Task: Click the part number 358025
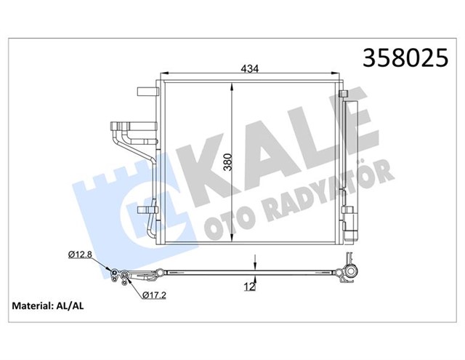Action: [x=405, y=57]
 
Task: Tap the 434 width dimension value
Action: [x=250, y=69]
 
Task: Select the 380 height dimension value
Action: [x=227, y=162]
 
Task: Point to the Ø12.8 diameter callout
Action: [x=80, y=255]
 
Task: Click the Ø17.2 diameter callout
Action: [x=154, y=295]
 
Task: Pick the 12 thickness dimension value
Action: [x=250, y=287]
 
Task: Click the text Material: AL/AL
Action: [x=48, y=306]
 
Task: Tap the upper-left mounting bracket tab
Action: [x=147, y=91]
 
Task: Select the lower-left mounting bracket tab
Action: [x=147, y=210]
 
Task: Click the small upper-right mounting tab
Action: [x=343, y=94]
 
